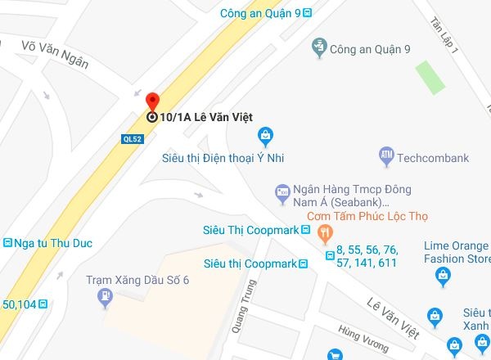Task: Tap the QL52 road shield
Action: tap(132, 138)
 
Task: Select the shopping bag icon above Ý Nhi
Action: tap(264, 135)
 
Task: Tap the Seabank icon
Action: tap(283, 193)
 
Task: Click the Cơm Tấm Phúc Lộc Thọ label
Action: tap(367, 217)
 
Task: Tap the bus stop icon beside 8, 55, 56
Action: tap(330, 256)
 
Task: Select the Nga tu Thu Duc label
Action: tap(54, 243)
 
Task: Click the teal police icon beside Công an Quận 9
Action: tap(320, 48)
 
